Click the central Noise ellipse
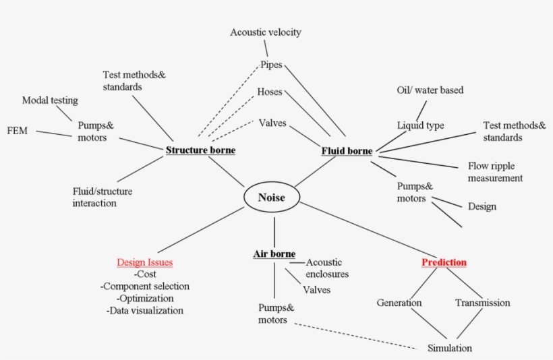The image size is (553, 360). pos(271,198)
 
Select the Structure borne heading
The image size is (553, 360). pos(200,150)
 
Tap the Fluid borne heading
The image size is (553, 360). pos(347,151)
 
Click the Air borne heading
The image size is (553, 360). pos(274,254)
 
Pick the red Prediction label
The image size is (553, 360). pos(444,262)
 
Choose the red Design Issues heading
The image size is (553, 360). pos(144,262)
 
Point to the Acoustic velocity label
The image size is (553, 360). pos(265,32)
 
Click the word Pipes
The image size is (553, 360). pos(271,65)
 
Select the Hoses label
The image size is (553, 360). pos(269,92)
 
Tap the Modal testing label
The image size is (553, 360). pos(50,100)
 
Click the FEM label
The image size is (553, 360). pos(17,130)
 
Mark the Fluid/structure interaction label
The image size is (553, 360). pos(103,197)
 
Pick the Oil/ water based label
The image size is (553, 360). pos(430,90)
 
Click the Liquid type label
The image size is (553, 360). pos(420,125)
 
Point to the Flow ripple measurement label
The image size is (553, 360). pos(495,172)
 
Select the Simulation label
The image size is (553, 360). pos(449,348)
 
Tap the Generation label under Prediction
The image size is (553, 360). pos(399,303)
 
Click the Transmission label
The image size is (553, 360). pos(482,303)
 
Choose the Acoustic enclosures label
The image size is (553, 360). pos(327,268)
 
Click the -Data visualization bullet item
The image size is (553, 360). pos(144,311)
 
